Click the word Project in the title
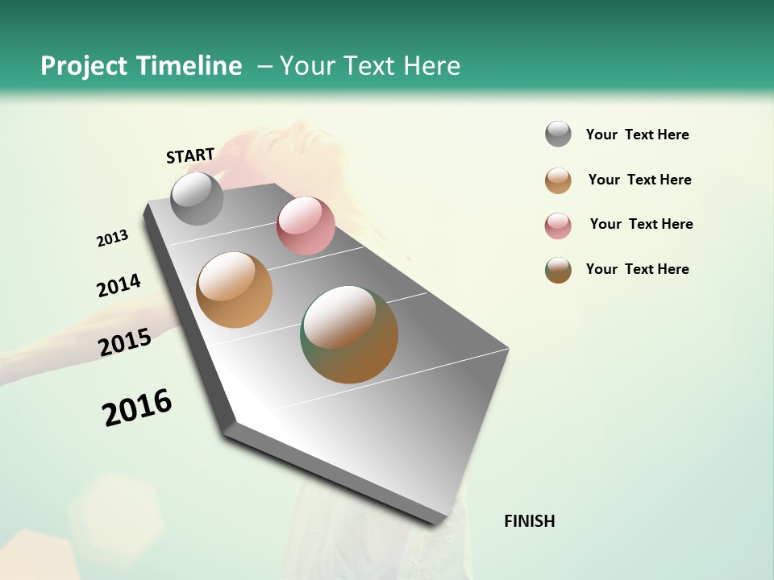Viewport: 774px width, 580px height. pos(85,66)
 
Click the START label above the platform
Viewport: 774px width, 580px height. pos(190,155)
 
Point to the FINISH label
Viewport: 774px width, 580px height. pos(530,521)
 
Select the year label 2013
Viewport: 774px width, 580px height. pos(112,238)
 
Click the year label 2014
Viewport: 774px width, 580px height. pos(119,285)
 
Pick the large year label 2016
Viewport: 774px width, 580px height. pos(137,408)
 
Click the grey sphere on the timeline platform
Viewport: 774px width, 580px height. pos(197,199)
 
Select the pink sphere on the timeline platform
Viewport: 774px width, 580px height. pos(306,226)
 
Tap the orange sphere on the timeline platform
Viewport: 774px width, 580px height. pos(234,290)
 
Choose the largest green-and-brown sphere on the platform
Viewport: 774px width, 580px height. pos(349,334)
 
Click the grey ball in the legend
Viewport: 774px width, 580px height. pos(558,134)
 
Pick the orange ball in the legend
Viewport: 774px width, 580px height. pos(558,180)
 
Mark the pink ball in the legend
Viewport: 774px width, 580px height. pos(558,226)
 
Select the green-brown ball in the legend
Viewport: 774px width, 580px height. pos(558,270)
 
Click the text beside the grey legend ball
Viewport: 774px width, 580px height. pos(637,135)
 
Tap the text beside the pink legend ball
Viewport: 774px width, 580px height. pos(641,224)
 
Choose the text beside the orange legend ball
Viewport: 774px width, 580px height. pos(639,180)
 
